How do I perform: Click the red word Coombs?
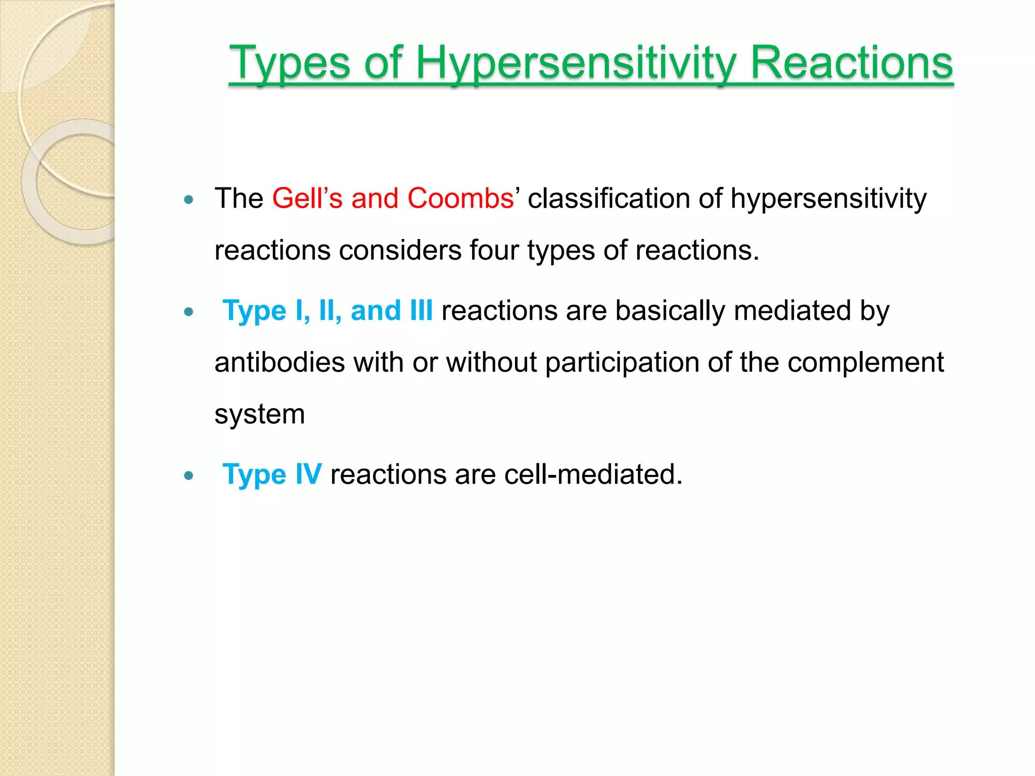460,198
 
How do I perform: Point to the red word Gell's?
307,198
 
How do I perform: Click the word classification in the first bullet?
608,198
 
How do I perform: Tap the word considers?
400,250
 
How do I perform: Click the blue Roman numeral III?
421,310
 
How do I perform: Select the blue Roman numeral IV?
308,474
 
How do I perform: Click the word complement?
865,362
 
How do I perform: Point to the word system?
259,415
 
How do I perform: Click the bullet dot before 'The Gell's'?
189,200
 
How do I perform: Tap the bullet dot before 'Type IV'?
189,475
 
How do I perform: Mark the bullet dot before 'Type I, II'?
189,312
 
